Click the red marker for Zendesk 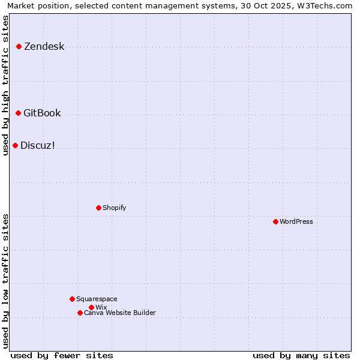(x=19, y=46)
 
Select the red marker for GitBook (x=18, y=113)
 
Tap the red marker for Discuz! (x=15, y=145)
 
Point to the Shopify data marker (x=98, y=208)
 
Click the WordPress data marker (x=275, y=221)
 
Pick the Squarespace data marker (x=72, y=299)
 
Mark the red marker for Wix (x=91, y=307)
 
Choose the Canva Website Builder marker (x=80, y=313)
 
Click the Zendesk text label (x=44, y=47)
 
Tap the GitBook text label (x=42, y=113)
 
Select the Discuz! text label (x=38, y=146)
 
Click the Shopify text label (x=114, y=208)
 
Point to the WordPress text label (x=296, y=222)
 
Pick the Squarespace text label (x=97, y=299)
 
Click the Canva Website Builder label (x=120, y=313)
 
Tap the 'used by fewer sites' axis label (x=62, y=356)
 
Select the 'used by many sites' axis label (x=301, y=356)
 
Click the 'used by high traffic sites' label (x=6, y=85)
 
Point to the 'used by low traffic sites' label (x=6, y=280)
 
